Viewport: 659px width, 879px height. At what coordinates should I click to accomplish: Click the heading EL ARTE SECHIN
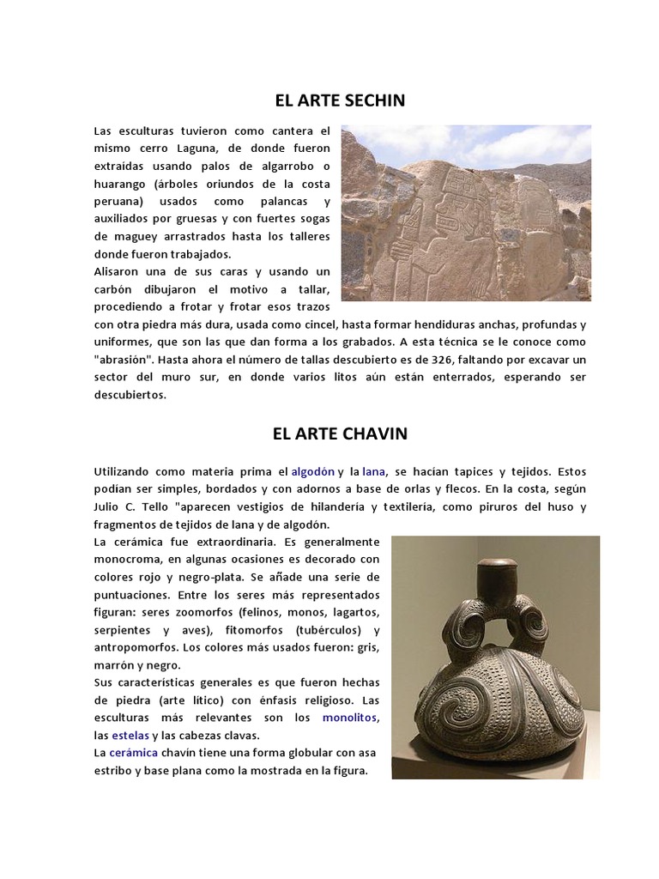339,101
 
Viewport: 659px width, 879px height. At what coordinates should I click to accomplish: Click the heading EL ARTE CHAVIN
340,433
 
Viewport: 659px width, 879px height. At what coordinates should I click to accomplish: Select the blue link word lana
373,471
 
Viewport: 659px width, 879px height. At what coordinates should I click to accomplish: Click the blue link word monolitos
349,717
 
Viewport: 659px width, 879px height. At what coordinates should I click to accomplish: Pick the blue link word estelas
130,735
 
